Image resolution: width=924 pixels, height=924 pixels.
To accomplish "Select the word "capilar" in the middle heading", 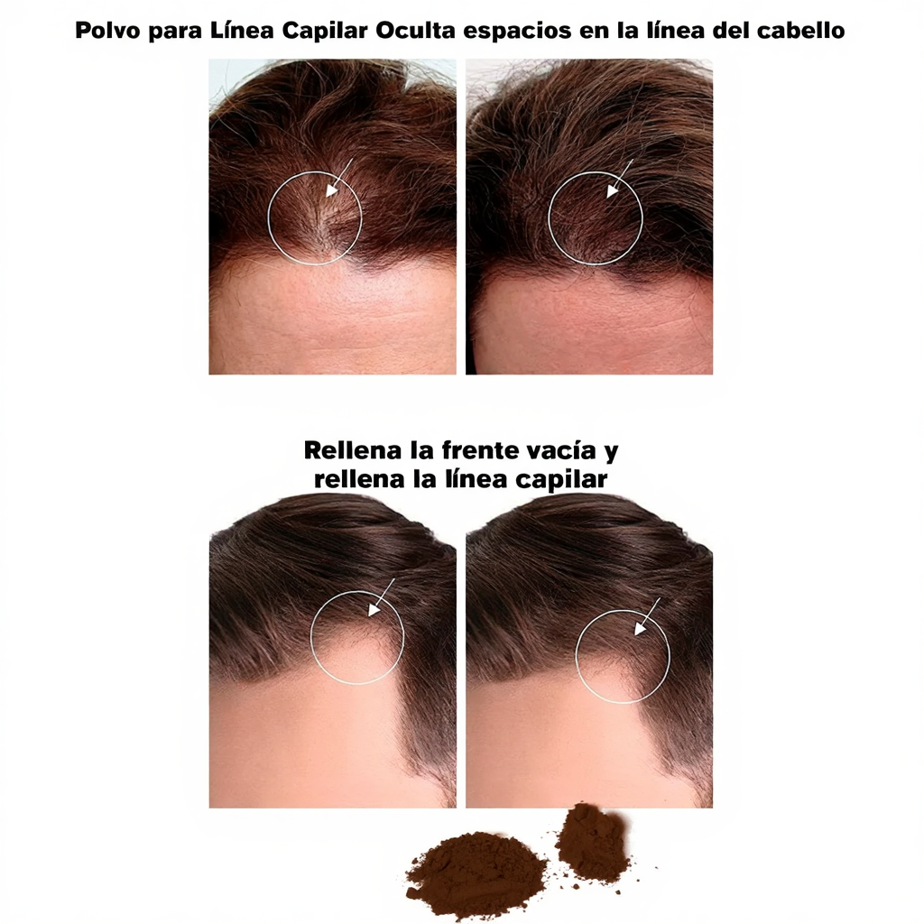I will point(562,479).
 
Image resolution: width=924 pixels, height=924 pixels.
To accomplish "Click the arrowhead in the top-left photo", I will point(332,189).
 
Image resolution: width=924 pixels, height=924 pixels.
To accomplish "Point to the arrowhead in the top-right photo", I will point(612,191).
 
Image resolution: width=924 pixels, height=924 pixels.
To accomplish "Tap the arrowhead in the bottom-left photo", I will point(373,610).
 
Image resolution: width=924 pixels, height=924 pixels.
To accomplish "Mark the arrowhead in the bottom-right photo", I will point(640,629).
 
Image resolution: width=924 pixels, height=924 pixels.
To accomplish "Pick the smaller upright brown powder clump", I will point(591,843).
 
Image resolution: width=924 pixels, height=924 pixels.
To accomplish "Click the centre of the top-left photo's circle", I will point(315,217).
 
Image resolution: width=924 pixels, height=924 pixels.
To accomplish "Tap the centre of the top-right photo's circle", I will point(596,218).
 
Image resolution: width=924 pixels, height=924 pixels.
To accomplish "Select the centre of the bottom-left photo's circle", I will point(356,637).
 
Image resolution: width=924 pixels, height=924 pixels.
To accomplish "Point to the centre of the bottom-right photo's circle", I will point(623,656).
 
